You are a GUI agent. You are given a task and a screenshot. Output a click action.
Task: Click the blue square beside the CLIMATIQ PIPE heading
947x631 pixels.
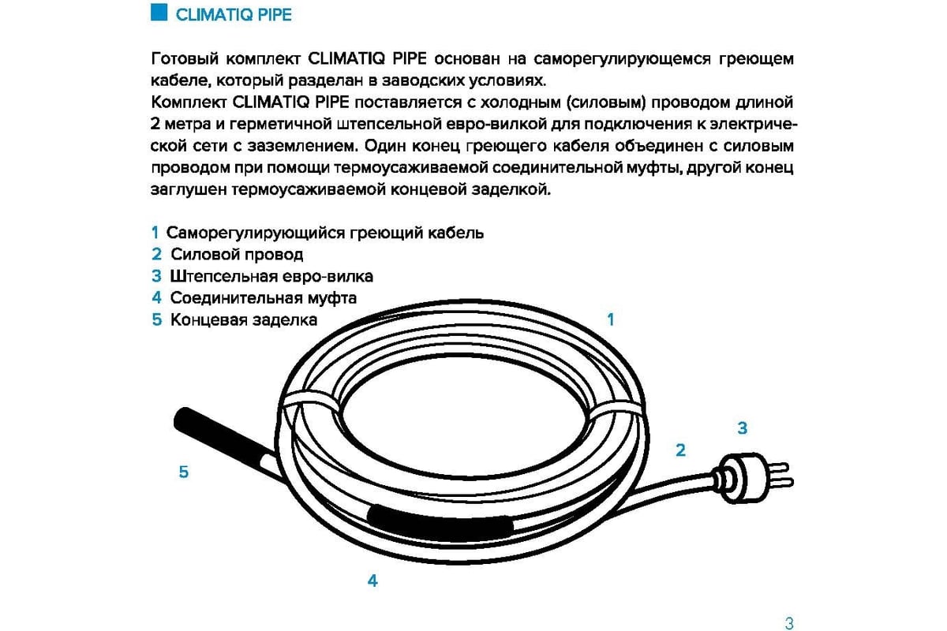tap(159, 13)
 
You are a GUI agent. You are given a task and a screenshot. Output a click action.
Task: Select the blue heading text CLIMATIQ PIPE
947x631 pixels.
tap(234, 15)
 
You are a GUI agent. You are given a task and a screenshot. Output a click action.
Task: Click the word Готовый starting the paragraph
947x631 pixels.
tap(185, 58)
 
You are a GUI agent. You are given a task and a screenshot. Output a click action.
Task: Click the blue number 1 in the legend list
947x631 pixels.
tap(155, 233)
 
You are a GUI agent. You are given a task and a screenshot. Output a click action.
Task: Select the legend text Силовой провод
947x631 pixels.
tap(237, 255)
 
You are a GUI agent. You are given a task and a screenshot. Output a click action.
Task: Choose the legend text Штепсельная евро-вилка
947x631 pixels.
tap(271, 276)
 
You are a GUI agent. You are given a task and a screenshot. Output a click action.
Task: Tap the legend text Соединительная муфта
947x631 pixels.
tap(264, 298)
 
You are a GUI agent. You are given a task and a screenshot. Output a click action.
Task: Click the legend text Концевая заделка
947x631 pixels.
tap(244, 320)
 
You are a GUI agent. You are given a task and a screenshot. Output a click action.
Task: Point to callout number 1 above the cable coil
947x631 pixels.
tap(611, 319)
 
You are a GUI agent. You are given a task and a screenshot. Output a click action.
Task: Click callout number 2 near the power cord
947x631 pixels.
tap(680, 450)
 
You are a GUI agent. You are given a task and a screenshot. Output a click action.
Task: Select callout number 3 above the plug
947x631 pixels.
tap(743, 428)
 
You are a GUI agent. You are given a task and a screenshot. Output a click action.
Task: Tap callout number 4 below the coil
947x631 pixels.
tap(372, 581)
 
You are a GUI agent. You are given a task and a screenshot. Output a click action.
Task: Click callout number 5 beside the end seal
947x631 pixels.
tap(183, 472)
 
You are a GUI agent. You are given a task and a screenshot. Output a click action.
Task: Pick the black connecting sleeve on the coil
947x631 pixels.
tap(440, 525)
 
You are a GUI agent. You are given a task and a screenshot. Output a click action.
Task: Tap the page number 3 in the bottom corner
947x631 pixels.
tap(789, 623)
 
